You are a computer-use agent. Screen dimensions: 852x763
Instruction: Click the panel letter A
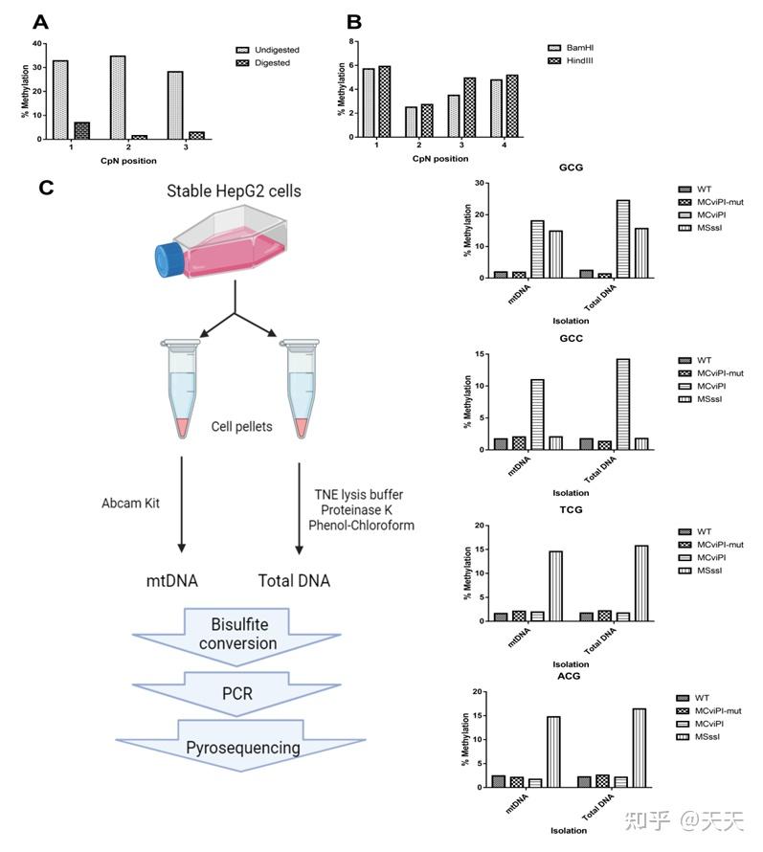(x=39, y=21)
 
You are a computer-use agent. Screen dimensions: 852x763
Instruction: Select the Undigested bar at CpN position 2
(x=117, y=97)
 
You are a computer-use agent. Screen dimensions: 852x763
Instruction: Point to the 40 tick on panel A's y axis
(x=37, y=43)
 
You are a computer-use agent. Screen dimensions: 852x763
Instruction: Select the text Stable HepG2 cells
(x=234, y=191)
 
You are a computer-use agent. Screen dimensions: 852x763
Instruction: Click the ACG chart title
(x=572, y=676)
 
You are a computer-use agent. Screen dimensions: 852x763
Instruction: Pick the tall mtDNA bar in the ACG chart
(x=552, y=751)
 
